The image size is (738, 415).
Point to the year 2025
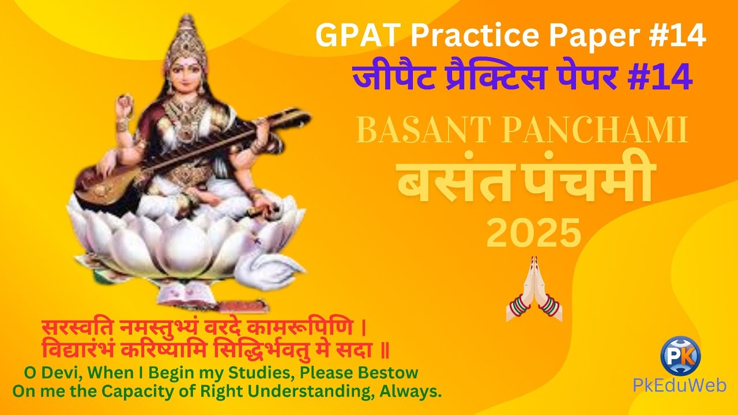pyautogui.click(x=533, y=233)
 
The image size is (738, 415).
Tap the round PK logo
pyautogui.click(x=680, y=354)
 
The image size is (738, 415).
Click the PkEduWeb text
pyautogui.click(x=680, y=386)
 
